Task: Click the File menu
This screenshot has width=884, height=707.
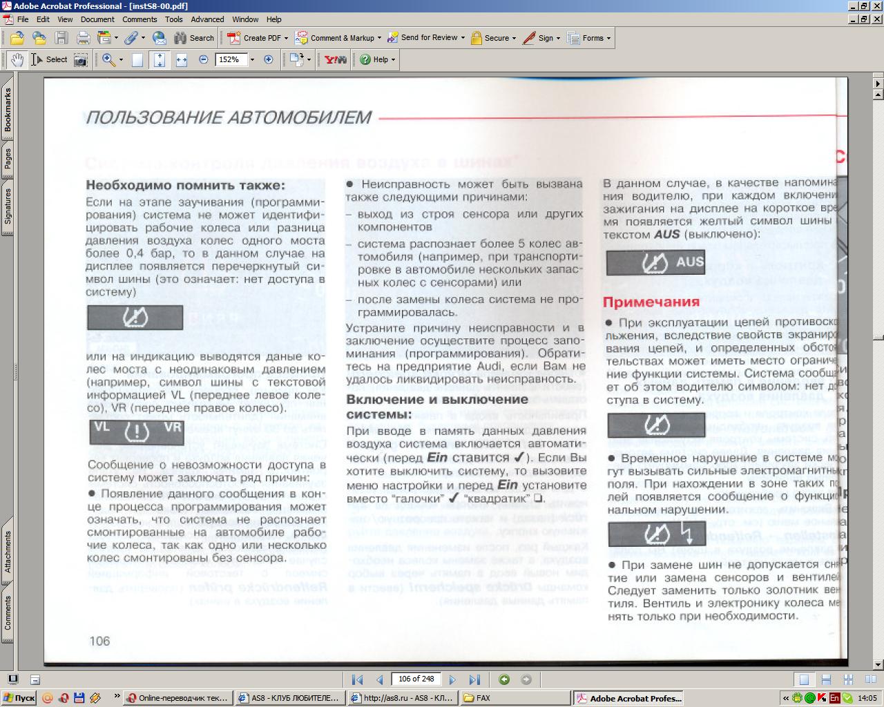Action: pos(23,19)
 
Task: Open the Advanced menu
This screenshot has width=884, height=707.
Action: pos(207,19)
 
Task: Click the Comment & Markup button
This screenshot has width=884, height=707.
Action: pos(335,38)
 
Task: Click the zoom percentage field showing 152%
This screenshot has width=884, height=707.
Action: pos(229,60)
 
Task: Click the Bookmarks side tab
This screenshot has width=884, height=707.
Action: pos(8,109)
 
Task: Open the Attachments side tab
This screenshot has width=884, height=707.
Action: pos(8,552)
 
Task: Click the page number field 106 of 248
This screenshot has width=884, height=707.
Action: pos(416,679)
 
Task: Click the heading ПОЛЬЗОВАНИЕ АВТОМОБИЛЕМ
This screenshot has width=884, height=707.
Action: pos(229,118)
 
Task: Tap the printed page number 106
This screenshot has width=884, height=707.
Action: pos(99,641)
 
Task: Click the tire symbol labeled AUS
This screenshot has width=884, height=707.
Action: pos(655,262)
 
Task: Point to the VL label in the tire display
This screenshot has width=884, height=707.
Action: pos(102,427)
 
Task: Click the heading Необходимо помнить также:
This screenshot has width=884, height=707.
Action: pos(185,185)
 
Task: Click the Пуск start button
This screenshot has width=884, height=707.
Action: pos(19,698)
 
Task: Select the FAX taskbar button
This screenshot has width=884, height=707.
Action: pos(515,698)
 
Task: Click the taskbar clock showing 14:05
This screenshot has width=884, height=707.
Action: pos(867,698)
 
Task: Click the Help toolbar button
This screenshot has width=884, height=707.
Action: pos(376,60)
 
